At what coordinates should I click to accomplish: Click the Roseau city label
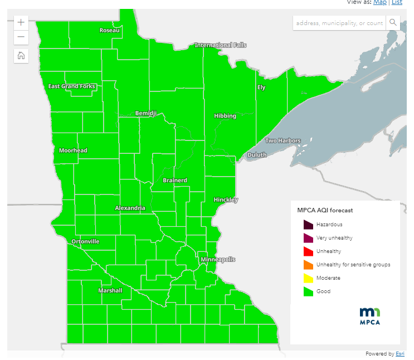(x=109, y=30)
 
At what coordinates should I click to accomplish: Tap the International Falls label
(x=220, y=45)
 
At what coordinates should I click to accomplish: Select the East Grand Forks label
(x=72, y=86)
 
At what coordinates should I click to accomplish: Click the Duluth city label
(x=257, y=155)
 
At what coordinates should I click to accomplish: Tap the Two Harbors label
(x=283, y=141)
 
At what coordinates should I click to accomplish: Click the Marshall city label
(x=110, y=291)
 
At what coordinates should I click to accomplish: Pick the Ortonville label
(x=85, y=242)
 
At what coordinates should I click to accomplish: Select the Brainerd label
(x=175, y=181)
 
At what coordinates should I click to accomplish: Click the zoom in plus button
(x=21, y=23)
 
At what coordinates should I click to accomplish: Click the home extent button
(x=21, y=55)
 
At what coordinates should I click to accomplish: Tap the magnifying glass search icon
(x=393, y=23)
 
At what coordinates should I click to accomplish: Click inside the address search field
(x=339, y=23)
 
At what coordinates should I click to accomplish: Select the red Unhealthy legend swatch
(x=308, y=251)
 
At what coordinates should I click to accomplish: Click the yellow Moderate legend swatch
(x=308, y=278)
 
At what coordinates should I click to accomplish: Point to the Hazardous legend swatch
(x=308, y=225)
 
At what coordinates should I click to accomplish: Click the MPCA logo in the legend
(x=370, y=315)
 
